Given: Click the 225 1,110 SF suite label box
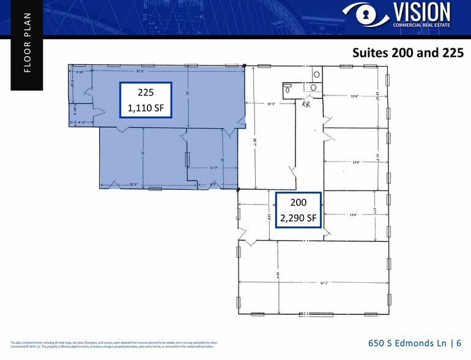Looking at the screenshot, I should click(146, 100).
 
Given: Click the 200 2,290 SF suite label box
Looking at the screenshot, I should click(299, 209).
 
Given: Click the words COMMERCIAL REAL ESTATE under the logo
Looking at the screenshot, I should click(421, 26).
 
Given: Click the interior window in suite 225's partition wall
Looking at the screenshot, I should click(186, 159).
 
